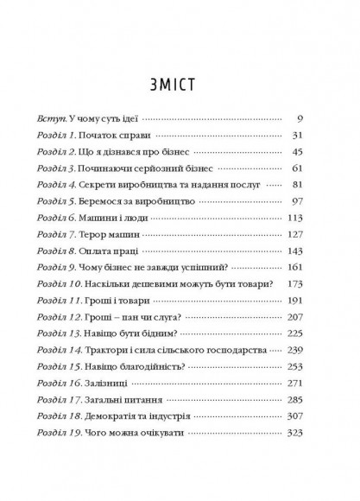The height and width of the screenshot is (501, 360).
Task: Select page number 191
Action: pyautogui.click(x=313, y=301)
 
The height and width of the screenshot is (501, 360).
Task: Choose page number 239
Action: pyautogui.click(x=313, y=349)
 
